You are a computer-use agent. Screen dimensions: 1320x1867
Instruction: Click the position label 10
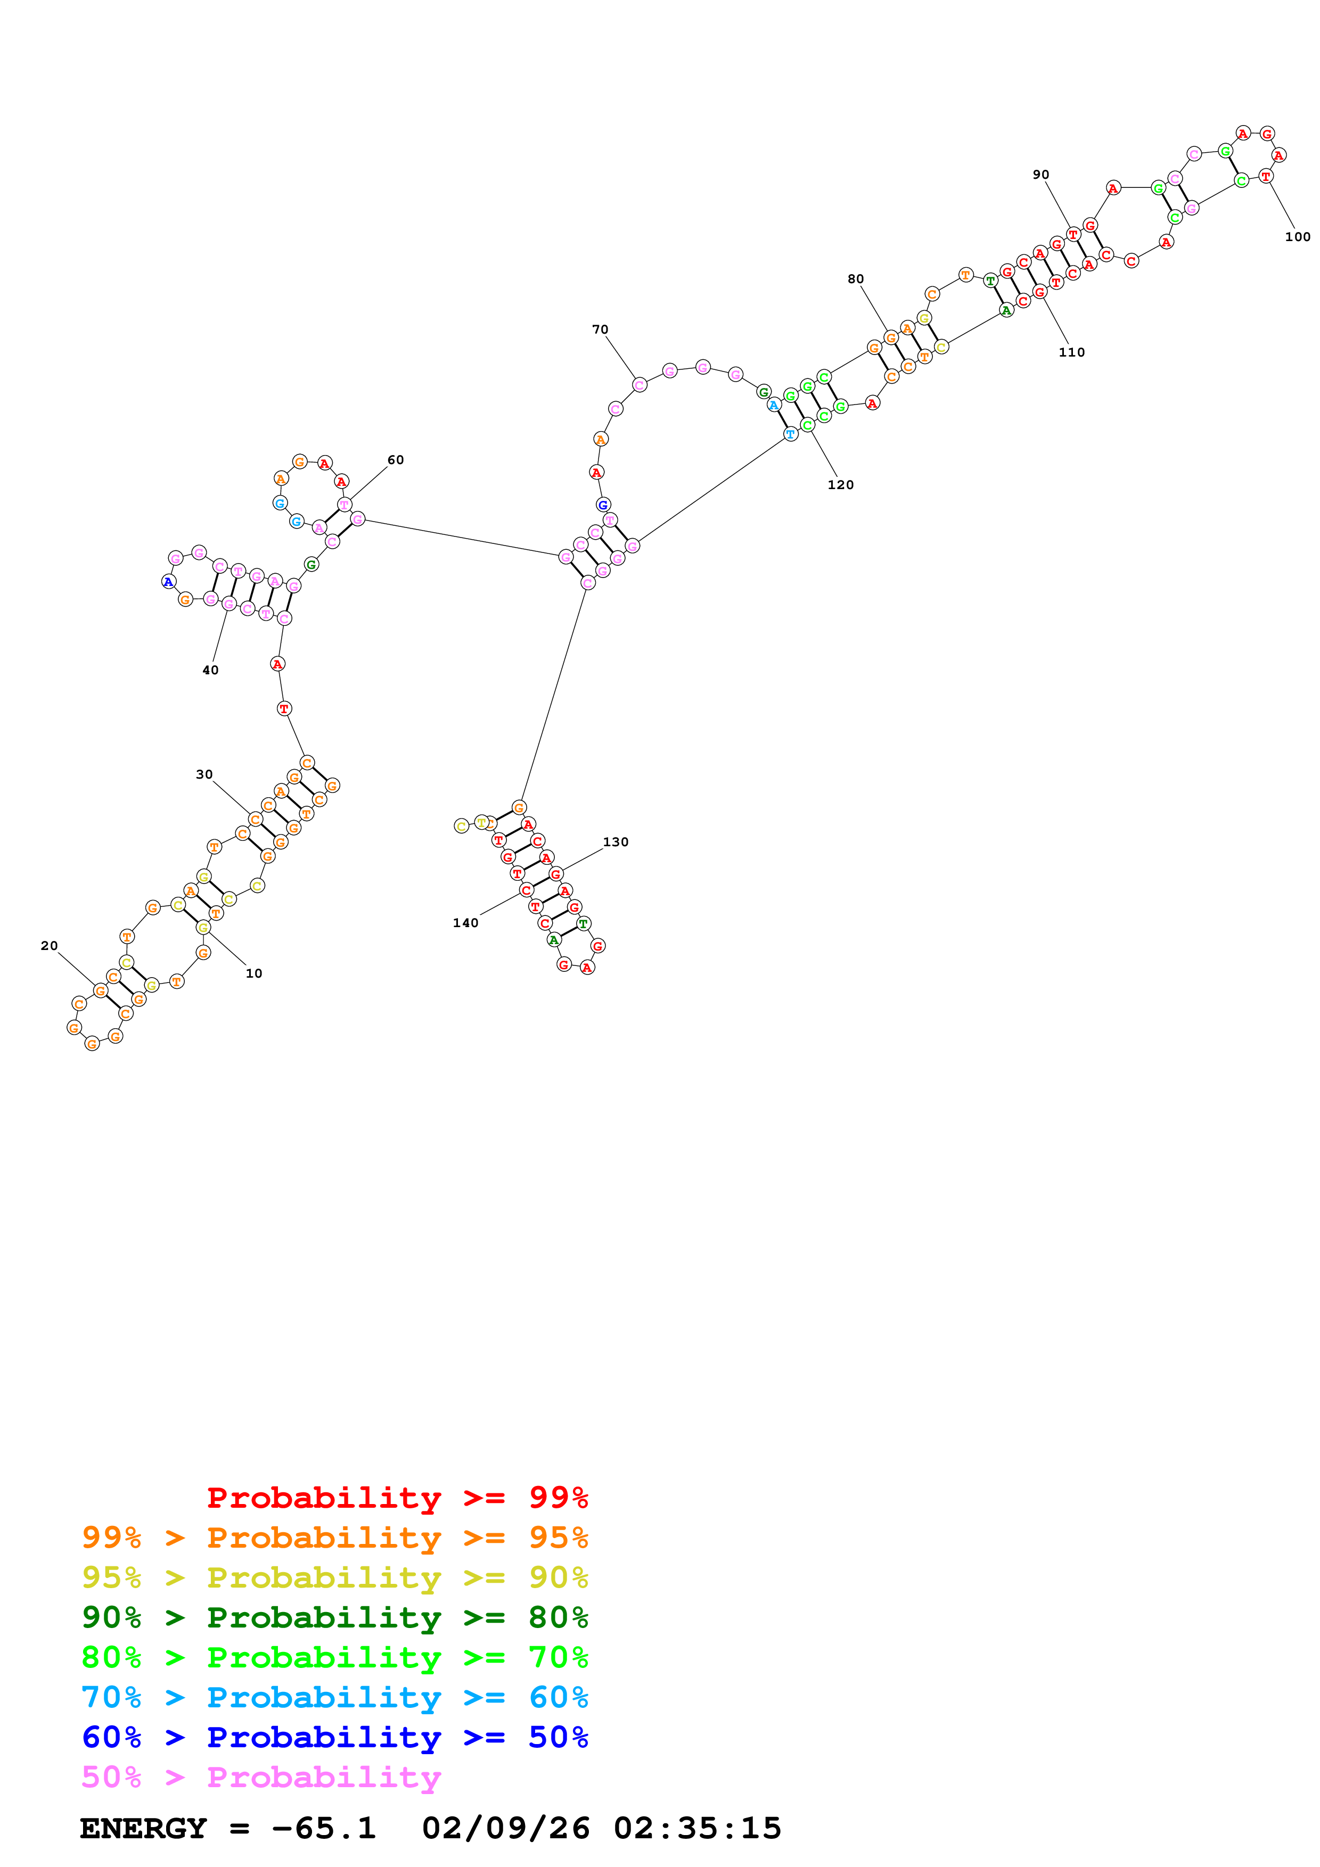(254, 973)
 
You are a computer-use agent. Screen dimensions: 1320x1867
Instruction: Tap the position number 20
(50, 946)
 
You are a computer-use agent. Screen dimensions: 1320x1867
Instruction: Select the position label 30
(204, 774)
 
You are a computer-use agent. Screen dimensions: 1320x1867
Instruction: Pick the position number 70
(600, 329)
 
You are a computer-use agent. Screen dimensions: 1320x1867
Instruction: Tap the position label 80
(856, 279)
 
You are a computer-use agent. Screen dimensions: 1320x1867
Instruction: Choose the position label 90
(1041, 175)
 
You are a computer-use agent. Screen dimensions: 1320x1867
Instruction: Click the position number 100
(1297, 237)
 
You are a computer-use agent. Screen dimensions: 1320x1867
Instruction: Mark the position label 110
(1071, 352)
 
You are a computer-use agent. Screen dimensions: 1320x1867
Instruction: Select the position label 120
(840, 485)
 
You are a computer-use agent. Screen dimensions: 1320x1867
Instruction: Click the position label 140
(465, 923)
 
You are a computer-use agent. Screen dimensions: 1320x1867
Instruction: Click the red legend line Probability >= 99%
(397, 1497)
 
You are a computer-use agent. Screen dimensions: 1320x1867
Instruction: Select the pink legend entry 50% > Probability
(261, 1777)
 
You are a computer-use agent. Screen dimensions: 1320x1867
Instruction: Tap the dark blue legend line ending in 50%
(334, 1737)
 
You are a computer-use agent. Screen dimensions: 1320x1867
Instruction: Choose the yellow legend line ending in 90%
(334, 1577)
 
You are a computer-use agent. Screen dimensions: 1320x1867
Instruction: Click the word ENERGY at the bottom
(143, 1828)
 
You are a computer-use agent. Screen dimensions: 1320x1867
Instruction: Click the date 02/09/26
(505, 1828)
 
